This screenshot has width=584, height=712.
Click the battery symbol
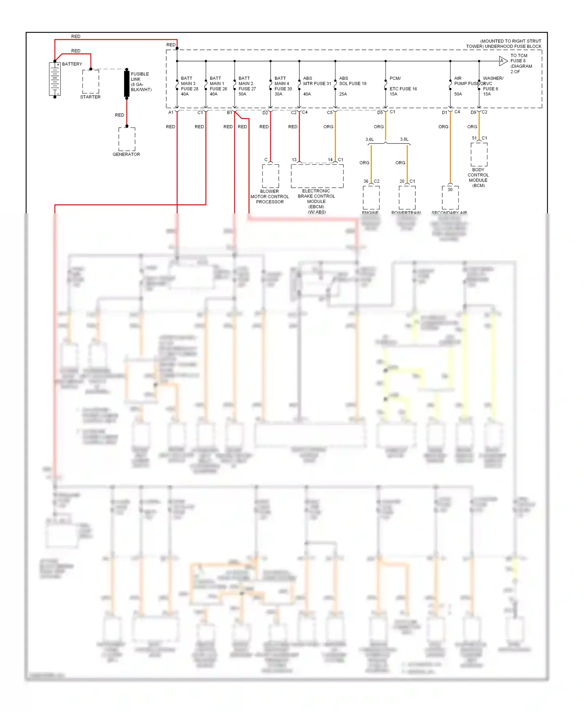[x=55, y=79]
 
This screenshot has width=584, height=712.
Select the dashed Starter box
[x=90, y=81]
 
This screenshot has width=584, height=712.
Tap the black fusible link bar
[x=127, y=84]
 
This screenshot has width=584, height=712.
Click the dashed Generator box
[x=127, y=139]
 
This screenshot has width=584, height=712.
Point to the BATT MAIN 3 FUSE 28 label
[x=189, y=86]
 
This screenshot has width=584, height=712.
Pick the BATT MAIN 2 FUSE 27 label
[x=247, y=86]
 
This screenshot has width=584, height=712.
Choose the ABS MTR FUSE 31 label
[x=317, y=83]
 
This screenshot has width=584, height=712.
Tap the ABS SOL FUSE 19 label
[x=352, y=83]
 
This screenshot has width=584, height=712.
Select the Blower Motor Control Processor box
[x=270, y=176]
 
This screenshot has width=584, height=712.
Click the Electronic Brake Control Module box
[x=317, y=176]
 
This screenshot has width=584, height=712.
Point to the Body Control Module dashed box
[x=478, y=154]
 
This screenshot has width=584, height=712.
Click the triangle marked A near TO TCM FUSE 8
[x=503, y=61]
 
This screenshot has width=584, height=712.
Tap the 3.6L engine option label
[x=369, y=139]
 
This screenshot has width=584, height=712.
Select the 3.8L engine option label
[x=404, y=139]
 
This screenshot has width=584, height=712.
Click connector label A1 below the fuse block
[x=171, y=113]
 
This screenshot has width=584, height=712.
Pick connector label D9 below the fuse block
[x=473, y=113]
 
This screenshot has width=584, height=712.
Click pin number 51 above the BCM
[x=474, y=138]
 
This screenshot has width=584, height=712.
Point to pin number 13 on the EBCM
[x=294, y=160]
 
